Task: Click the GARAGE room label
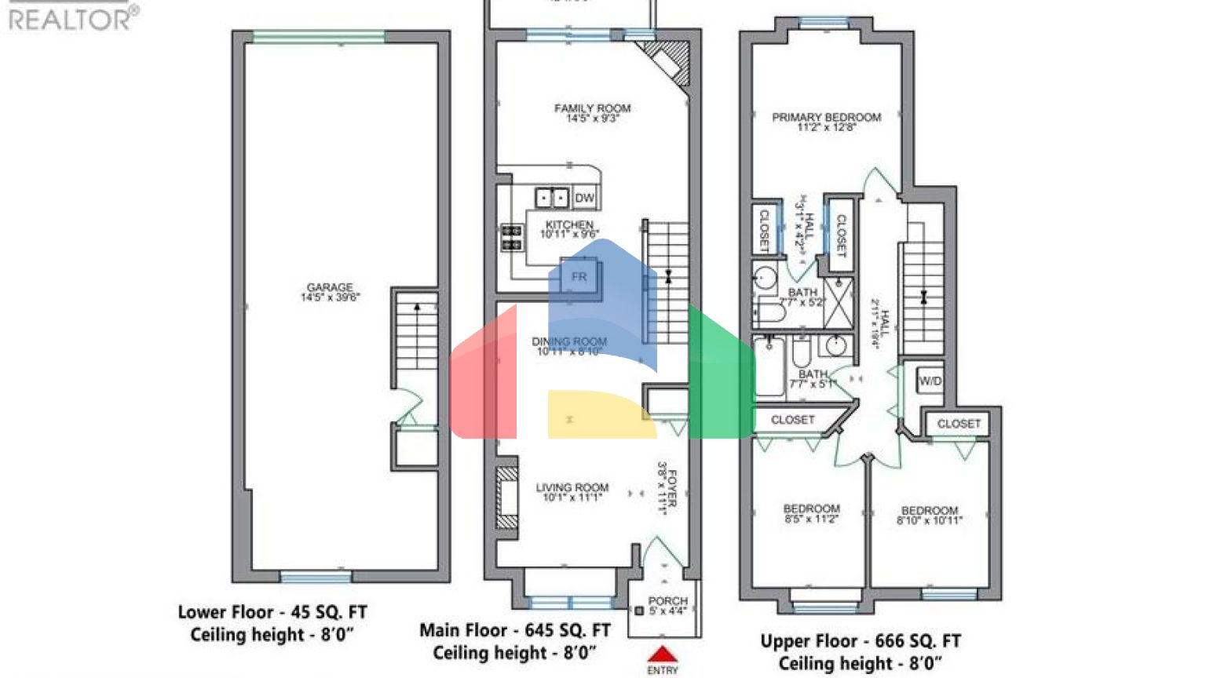click(x=330, y=288)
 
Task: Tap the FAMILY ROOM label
click(x=592, y=109)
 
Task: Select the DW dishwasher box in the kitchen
click(x=584, y=198)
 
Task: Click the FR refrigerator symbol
click(x=579, y=277)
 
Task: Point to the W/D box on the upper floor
click(x=930, y=381)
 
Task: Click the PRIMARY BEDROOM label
click(x=826, y=118)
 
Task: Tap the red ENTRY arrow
click(x=663, y=654)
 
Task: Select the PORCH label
click(x=667, y=601)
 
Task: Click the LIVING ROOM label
click(x=572, y=487)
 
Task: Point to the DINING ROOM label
click(x=569, y=342)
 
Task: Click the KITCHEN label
click(x=569, y=225)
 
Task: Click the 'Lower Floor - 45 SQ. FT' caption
click(x=272, y=612)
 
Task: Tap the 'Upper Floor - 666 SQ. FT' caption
click(x=860, y=641)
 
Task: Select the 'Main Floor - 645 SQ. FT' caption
click(x=514, y=630)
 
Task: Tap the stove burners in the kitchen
click(x=512, y=238)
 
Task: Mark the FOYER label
click(x=671, y=487)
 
